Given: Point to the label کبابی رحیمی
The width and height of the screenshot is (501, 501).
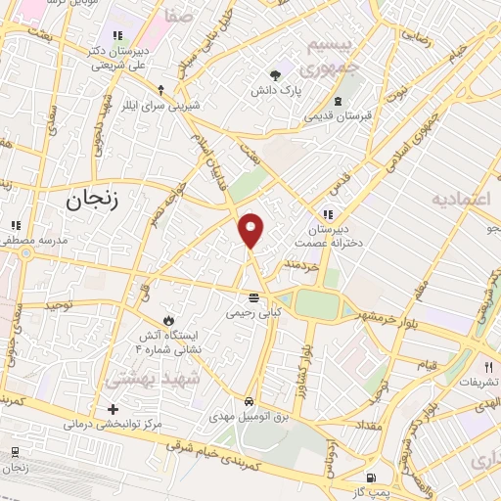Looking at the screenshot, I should pos(253,313).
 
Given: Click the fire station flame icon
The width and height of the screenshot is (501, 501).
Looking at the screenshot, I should pos(167,319).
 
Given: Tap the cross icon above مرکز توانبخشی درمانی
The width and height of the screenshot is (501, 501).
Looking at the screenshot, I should pos(113,408).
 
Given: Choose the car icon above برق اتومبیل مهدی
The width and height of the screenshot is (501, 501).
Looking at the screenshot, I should pos(250,401).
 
